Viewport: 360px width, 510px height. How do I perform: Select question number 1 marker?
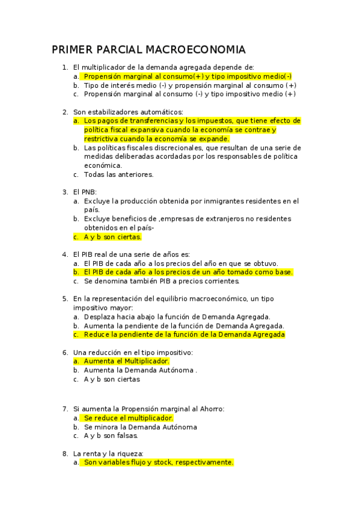pyautogui.click(x=65, y=67)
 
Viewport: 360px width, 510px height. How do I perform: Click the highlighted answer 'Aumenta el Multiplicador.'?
pyautogui.click(x=127, y=361)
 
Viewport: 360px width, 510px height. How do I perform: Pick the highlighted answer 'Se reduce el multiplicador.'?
pyautogui.click(x=128, y=417)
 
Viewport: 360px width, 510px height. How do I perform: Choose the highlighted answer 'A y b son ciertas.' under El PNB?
pyautogui.click(x=112, y=236)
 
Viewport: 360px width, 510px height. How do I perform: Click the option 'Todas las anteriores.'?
pyautogui.click(x=118, y=174)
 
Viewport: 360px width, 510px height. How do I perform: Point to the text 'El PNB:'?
pyautogui.click(x=85, y=192)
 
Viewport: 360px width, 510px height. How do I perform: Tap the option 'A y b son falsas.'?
pyautogui.click(x=111, y=435)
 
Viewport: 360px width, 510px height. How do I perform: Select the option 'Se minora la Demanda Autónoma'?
pyautogui.click(x=140, y=426)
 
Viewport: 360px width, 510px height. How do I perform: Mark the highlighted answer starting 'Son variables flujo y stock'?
pyautogui.click(x=158, y=462)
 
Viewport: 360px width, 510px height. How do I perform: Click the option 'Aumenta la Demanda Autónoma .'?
pyautogui.click(x=140, y=370)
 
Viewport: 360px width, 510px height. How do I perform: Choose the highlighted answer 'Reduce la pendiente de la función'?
pyautogui.click(x=184, y=334)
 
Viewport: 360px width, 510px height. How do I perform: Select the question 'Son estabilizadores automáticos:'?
pyautogui.click(x=128, y=111)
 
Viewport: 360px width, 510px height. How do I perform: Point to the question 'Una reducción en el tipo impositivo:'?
pyautogui.click(x=133, y=352)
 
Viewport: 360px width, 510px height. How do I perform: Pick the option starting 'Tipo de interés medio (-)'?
pyautogui.click(x=190, y=85)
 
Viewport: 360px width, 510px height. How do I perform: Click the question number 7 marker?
pyautogui.click(x=65, y=408)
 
